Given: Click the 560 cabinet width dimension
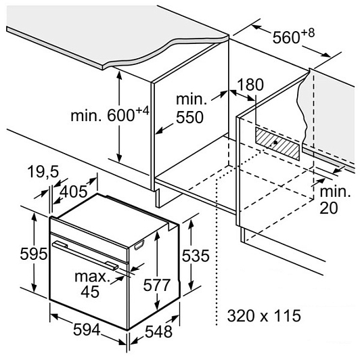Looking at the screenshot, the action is (x=286, y=37).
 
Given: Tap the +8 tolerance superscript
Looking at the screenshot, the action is (x=308, y=33).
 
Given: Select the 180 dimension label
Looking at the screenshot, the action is (x=250, y=85).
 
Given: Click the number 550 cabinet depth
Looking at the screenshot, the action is (x=190, y=117).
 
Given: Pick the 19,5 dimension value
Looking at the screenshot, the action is (x=43, y=172).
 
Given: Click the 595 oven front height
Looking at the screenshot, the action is (x=34, y=254).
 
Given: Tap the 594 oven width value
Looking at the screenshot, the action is (x=87, y=330).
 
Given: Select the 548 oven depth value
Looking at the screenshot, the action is (x=158, y=332).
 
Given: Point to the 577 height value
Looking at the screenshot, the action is (x=156, y=285).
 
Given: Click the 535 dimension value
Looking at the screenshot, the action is (x=196, y=255).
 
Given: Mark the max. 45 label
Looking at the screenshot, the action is (x=91, y=284).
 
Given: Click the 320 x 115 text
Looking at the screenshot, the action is (x=264, y=315).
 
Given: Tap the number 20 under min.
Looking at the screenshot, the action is (x=329, y=208).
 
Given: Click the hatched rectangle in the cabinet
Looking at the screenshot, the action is (x=277, y=143).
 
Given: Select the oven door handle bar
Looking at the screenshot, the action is (x=85, y=255).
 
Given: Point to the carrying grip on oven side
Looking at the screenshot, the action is (x=139, y=244).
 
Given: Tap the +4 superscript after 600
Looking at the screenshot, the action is (x=143, y=112).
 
